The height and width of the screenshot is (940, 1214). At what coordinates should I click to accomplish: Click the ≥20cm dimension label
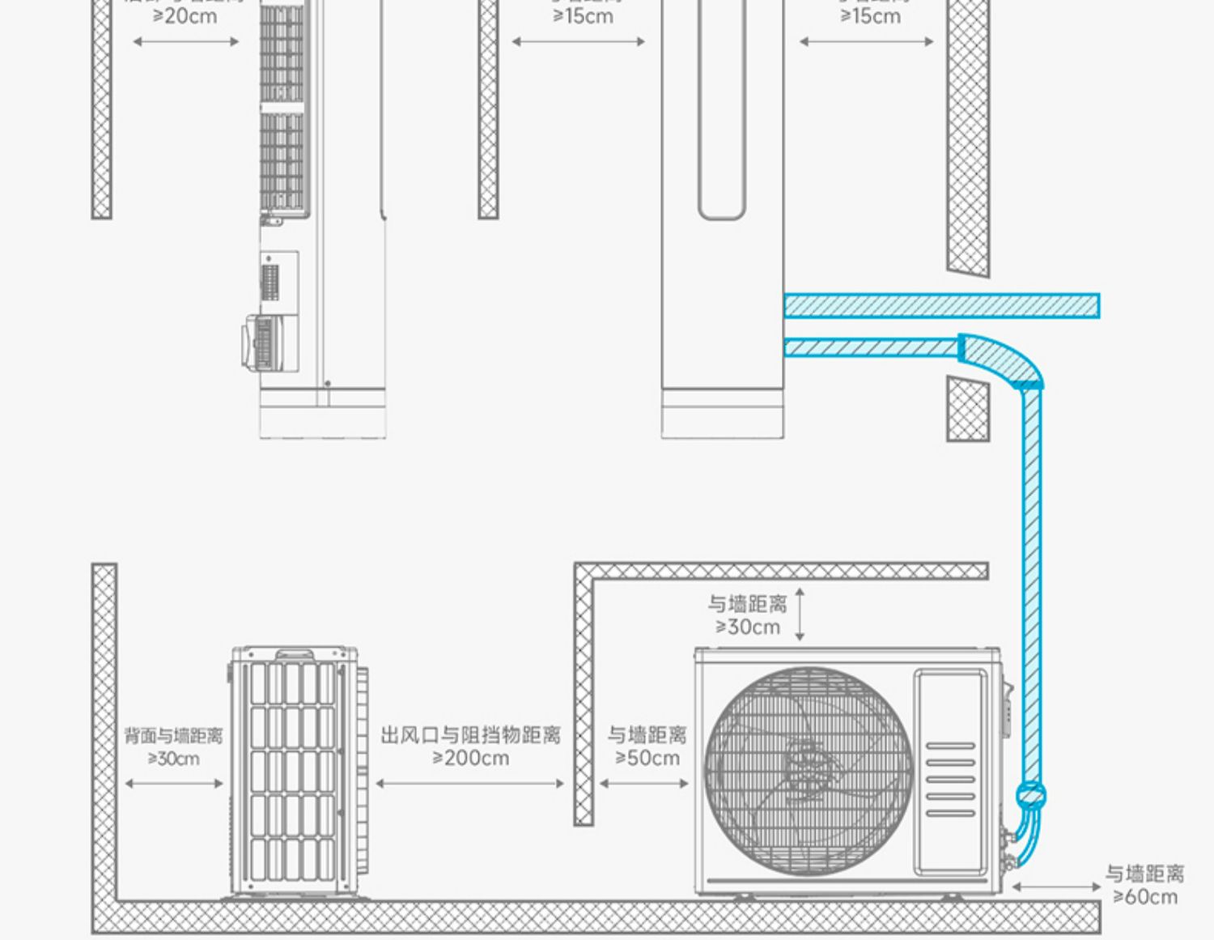pyautogui.click(x=185, y=16)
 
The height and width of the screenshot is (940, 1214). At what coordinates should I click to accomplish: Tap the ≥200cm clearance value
pyautogui.click(x=471, y=759)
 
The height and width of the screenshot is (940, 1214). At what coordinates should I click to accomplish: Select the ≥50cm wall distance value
pyautogui.click(x=647, y=759)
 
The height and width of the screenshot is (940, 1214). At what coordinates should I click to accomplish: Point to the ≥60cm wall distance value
pyautogui.click(x=1144, y=897)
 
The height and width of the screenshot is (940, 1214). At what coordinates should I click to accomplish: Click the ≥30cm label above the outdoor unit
pyautogui.click(x=747, y=627)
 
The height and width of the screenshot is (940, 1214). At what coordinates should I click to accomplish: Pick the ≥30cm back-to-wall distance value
pyautogui.click(x=173, y=759)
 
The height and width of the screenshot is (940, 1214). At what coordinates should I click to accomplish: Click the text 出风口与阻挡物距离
pyautogui.click(x=471, y=735)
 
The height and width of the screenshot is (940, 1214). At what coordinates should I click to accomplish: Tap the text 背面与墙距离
pyautogui.click(x=173, y=736)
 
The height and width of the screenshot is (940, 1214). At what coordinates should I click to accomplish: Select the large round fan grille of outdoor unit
pyautogui.click(x=808, y=769)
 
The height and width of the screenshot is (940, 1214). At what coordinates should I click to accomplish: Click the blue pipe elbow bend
pyautogui.click(x=1004, y=360)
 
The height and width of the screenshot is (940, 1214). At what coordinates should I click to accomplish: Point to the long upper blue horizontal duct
pyautogui.click(x=941, y=306)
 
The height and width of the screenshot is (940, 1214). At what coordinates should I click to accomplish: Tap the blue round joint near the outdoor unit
pyautogui.click(x=1031, y=795)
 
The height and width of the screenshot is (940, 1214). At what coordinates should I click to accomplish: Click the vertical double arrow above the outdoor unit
pyautogui.click(x=800, y=615)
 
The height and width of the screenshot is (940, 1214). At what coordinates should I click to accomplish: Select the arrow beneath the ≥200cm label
pyautogui.click(x=470, y=783)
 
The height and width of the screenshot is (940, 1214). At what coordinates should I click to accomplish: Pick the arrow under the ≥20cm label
pyautogui.click(x=185, y=41)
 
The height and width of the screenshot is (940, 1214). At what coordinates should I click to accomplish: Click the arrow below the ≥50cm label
pyautogui.click(x=644, y=783)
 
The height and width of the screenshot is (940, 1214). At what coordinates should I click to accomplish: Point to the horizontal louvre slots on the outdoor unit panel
pyautogui.click(x=950, y=779)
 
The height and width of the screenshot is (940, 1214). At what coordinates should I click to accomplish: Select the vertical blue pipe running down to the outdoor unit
pyautogui.click(x=1031, y=583)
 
